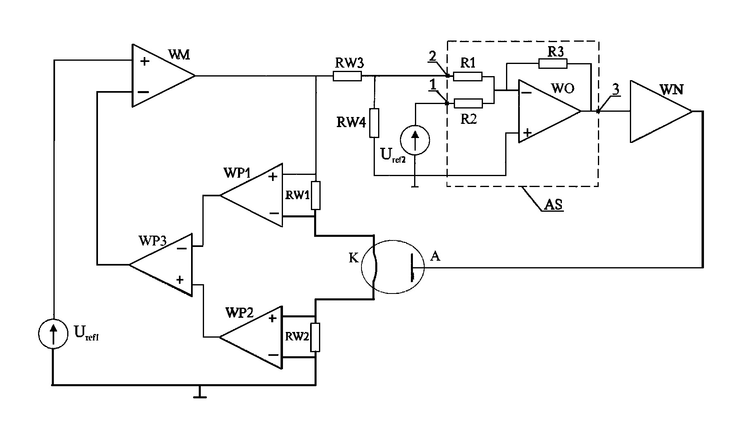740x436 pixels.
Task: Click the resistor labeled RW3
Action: pyautogui.click(x=347, y=76)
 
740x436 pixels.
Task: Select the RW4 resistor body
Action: pyautogui.click(x=374, y=123)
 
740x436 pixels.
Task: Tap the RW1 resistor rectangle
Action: pyautogui.click(x=316, y=195)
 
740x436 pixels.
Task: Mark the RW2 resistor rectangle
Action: pyautogui.click(x=316, y=337)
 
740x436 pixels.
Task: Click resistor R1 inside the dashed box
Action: pyautogui.click(x=468, y=76)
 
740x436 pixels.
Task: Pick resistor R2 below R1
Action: pyautogui.click(x=468, y=103)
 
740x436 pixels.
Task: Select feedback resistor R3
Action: pyautogui.click(x=553, y=63)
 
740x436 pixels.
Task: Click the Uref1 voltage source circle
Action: pyautogui.click(x=53, y=333)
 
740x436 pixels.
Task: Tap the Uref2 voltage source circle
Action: pyautogui.click(x=415, y=140)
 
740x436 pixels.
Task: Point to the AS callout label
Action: pyautogui.click(x=553, y=204)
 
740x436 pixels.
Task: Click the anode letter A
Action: pyautogui.click(x=435, y=256)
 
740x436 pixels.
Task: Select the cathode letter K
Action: pyautogui.click(x=354, y=258)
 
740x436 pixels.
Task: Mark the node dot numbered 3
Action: pyautogui.click(x=598, y=111)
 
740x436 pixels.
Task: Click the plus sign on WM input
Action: pyautogui.click(x=144, y=62)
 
